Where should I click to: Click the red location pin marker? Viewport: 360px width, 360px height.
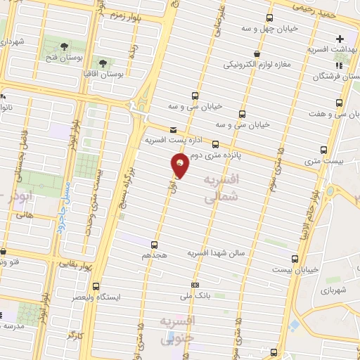(x=180, y=166)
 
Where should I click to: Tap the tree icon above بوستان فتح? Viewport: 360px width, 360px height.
(x=65, y=46)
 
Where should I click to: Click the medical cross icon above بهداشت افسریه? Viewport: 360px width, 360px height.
(x=340, y=39)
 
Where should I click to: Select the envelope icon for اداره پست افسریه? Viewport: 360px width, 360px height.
(x=174, y=129)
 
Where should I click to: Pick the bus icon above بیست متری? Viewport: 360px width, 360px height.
(x=323, y=150)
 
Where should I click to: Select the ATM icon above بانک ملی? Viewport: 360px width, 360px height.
(x=195, y=285)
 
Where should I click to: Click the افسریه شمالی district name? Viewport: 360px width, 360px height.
(x=221, y=190)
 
